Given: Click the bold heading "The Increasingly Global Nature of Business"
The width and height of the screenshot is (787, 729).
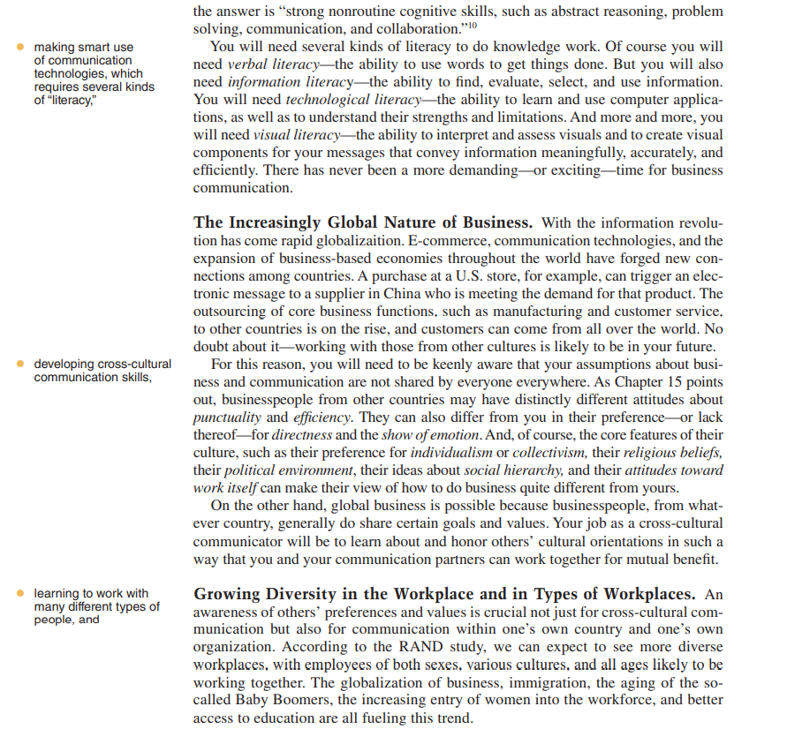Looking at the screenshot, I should pyautogui.click(x=362, y=222).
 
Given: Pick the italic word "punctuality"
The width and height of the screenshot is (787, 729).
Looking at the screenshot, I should pyautogui.click(x=227, y=417).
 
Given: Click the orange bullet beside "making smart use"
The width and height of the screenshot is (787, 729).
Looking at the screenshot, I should pyautogui.click(x=21, y=47).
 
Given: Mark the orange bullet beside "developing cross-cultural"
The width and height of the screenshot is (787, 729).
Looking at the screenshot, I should pyautogui.click(x=21, y=364).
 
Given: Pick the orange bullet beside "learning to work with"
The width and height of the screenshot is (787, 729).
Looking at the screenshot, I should pyautogui.click(x=21, y=594).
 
